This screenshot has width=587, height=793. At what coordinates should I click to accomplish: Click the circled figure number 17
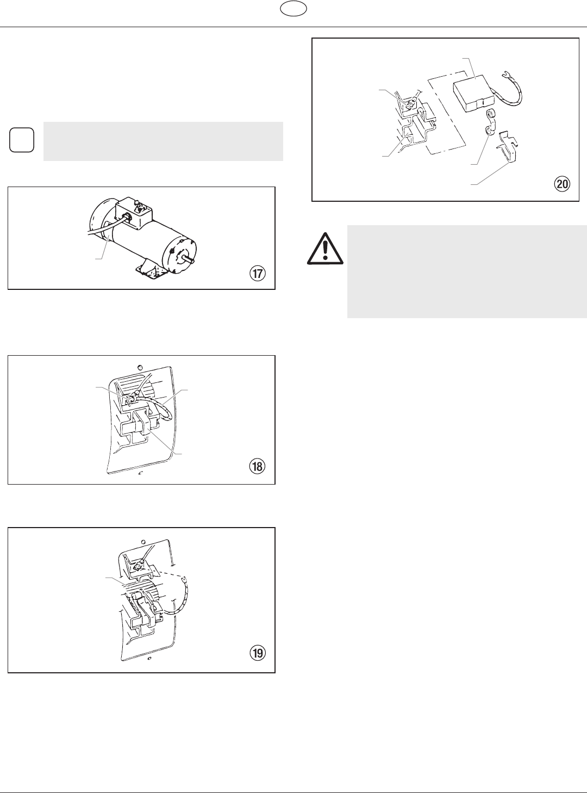coord(257,274)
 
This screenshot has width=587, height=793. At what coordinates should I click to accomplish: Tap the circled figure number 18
coord(257,467)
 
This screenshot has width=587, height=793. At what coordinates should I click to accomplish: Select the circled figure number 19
coord(257,653)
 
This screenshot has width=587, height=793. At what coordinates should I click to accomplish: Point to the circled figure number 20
coord(562,184)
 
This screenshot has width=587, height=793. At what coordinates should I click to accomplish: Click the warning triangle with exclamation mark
coord(325,249)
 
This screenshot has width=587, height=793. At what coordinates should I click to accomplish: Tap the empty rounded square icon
coord(22,140)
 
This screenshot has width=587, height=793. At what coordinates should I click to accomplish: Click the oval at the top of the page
coord(293,9)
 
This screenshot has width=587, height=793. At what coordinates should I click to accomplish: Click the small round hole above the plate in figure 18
coord(140,366)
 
